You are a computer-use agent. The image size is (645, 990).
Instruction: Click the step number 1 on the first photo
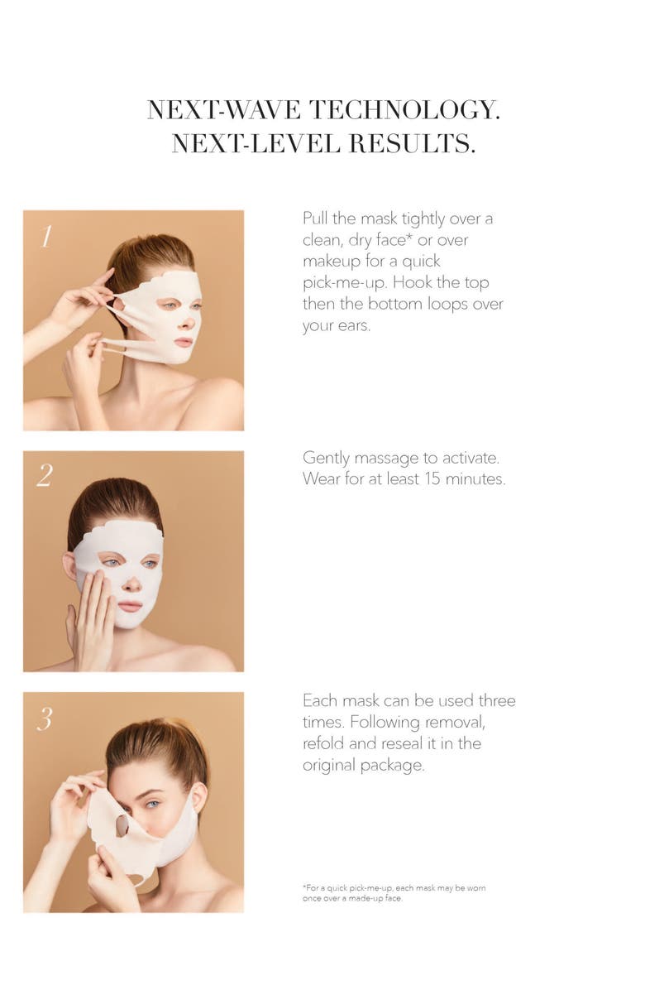pyautogui.click(x=45, y=237)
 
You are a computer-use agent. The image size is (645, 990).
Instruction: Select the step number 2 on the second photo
pyautogui.click(x=45, y=475)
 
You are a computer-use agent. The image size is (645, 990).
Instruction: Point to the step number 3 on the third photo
pyautogui.click(x=44, y=718)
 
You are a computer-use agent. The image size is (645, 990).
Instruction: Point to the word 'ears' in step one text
pyautogui.click(x=352, y=326)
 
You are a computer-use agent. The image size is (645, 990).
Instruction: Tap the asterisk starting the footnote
pyautogui.click(x=304, y=887)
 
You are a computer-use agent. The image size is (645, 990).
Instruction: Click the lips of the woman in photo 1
pyautogui.click(x=183, y=342)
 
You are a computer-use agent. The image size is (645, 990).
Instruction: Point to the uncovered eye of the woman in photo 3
pyautogui.click(x=153, y=804)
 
